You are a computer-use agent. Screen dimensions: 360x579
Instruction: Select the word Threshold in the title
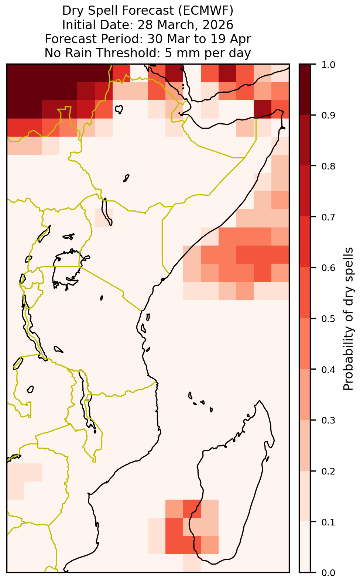pyautogui.click(x=128, y=53)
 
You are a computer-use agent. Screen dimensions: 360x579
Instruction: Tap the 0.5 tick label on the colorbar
pyautogui.click(x=328, y=319)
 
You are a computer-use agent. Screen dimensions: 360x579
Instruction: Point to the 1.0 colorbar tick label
pyautogui.click(x=328, y=65)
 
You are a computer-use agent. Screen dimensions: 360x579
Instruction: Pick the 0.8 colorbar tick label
pyautogui.click(x=328, y=166)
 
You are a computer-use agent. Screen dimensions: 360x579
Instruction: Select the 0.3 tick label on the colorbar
pyautogui.click(x=328, y=420)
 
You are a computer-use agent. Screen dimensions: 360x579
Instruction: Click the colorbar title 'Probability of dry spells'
pyautogui.click(x=348, y=319)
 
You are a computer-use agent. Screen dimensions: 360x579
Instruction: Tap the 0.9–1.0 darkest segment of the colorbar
pyautogui.click(x=305, y=89)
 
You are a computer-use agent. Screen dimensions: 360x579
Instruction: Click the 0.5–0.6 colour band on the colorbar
pyautogui.click(x=305, y=293)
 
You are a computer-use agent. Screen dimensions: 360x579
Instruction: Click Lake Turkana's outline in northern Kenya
pyautogui.click(x=106, y=212)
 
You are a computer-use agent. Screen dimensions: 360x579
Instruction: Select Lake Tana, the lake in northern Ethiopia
pyautogui.click(x=119, y=109)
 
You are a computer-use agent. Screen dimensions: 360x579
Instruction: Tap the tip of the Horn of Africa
pyautogui.click(x=284, y=128)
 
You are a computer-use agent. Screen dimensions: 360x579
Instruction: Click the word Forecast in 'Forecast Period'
pyautogui.click(x=71, y=39)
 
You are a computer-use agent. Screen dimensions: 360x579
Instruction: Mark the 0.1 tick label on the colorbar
pyautogui.click(x=328, y=522)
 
